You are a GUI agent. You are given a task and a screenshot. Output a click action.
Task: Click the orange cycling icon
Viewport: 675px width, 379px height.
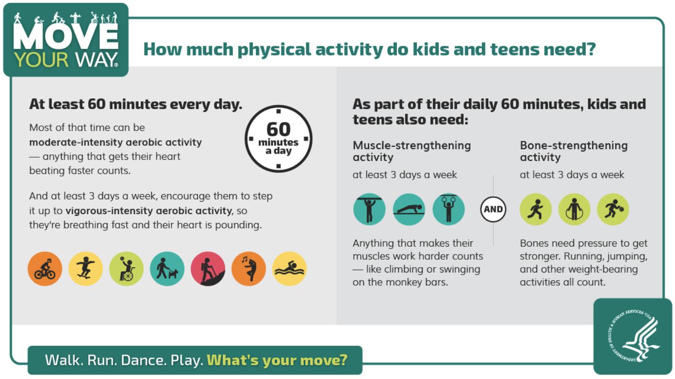[45, 269]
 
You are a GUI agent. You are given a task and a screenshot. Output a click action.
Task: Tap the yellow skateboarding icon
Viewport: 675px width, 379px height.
[85, 269]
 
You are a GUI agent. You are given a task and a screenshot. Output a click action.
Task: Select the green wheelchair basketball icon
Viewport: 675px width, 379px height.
[126, 269]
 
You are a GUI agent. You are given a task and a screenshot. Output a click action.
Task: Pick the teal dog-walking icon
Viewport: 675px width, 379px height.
[167, 269]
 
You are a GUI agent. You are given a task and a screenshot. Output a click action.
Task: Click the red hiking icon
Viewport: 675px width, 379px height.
[208, 269]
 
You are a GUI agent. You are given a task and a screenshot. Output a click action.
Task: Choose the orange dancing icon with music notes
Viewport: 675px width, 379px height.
[249, 269]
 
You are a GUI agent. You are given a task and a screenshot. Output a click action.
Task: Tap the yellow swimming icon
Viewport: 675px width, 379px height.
[289, 269]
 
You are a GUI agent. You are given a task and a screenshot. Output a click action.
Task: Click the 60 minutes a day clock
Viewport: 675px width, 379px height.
[278, 139]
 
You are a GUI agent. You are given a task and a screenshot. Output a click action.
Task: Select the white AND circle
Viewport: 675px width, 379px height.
[493, 210]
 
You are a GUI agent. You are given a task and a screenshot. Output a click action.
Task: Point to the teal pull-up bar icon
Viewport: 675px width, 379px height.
[369, 209]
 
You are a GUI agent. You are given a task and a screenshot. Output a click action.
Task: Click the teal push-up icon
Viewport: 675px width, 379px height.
[409, 209]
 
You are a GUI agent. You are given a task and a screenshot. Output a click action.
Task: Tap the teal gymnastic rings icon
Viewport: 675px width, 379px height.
[448, 209]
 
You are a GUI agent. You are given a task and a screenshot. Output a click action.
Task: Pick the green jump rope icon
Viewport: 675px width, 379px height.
[574, 209]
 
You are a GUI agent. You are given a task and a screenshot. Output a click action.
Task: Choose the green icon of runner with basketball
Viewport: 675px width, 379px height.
[613, 209]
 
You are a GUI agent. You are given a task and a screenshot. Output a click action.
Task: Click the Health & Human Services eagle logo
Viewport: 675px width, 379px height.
[633, 336]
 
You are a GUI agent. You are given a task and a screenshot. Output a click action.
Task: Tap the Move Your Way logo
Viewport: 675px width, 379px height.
[66, 40]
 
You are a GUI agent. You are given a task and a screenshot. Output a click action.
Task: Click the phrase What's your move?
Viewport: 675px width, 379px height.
[277, 360]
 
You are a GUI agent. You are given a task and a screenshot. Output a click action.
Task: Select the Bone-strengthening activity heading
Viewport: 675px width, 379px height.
[574, 151]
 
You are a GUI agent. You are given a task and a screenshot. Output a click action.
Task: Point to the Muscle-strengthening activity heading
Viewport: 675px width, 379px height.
[412, 151]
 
